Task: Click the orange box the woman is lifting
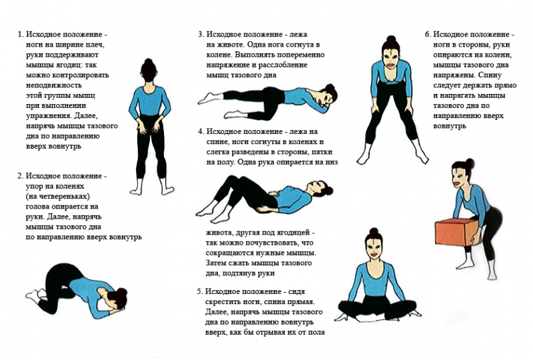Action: point(456,233)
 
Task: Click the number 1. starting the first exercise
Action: point(21,35)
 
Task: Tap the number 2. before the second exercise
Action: point(21,176)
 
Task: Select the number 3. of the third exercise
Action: point(201,35)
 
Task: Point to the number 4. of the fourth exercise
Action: point(201,132)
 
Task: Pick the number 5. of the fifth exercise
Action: point(200,291)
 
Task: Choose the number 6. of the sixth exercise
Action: point(428,35)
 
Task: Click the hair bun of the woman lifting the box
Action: point(470,163)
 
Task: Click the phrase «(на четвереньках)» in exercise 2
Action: point(58,197)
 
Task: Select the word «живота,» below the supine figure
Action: point(219,233)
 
